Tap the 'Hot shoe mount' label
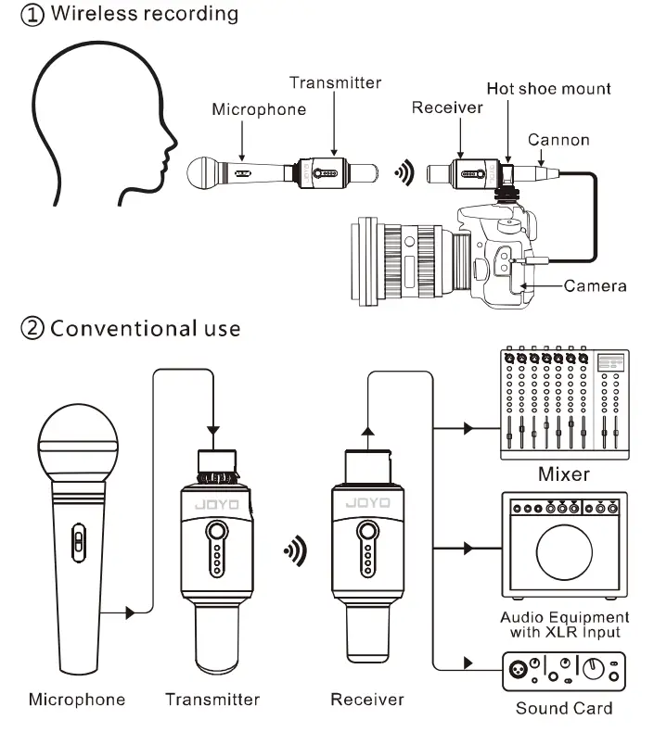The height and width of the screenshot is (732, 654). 549,89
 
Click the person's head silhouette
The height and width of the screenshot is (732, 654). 93,120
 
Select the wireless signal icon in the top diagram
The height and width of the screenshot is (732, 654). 404,172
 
